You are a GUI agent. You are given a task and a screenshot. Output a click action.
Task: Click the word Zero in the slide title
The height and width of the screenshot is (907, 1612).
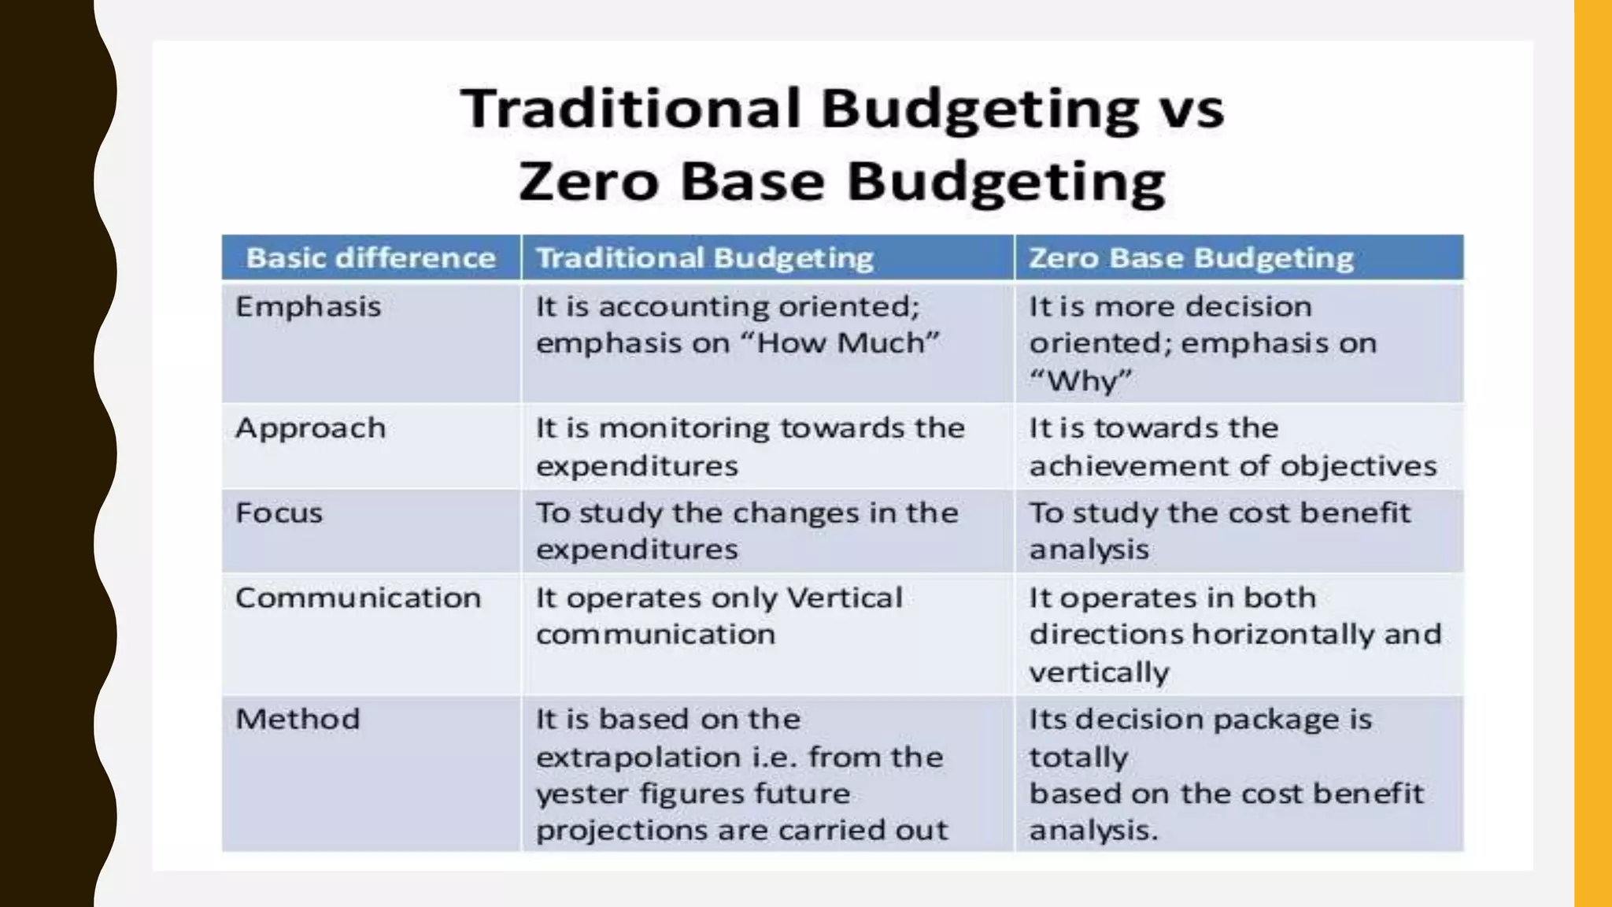coord(588,181)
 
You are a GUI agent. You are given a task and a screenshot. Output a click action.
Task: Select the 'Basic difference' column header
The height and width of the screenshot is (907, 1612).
coord(371,258)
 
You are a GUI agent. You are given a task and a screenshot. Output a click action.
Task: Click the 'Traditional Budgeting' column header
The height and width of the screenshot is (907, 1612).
coord(704,258)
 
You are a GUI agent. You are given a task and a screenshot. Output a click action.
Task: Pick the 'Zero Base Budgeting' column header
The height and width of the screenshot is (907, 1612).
coord(1191,258)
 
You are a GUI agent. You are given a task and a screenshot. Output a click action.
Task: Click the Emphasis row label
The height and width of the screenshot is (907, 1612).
coord(308,306)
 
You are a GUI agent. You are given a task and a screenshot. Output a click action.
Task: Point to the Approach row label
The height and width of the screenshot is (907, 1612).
coord(310,428)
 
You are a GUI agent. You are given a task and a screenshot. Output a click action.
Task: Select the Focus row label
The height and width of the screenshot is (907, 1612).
coord(279,513)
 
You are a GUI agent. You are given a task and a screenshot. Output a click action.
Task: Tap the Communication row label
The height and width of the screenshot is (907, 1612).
coord(357,598)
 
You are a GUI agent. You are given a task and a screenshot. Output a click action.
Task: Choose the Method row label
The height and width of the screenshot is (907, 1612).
coord(298,719)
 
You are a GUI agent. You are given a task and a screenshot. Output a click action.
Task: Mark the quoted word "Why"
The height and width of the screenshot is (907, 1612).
coord(1080,381)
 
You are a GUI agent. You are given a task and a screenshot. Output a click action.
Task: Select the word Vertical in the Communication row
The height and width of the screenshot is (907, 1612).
coord(844,598)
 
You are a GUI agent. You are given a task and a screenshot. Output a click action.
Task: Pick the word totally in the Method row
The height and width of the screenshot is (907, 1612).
coord(1078,757)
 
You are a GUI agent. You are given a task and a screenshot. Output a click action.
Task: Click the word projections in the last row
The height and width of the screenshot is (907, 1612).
coord(612,830)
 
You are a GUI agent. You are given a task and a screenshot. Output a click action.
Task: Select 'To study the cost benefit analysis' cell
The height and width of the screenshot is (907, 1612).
coord(1220,531)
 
